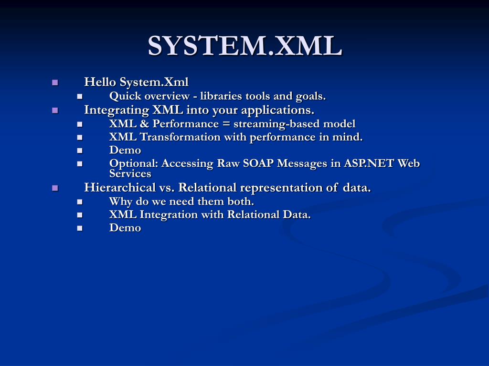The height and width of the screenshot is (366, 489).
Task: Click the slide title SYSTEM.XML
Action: pyautogui.click(x=244, y=46)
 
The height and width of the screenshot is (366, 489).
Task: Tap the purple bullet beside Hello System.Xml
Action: pyautogui.click(x=55, y=82)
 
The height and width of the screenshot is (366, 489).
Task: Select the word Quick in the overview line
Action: pyautogui.click(x=123, y=96)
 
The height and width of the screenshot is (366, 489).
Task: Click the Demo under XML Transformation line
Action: pyautogui.click(x=125, y=150)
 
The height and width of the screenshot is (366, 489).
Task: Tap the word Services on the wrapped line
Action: pyautogui.click(x=130, y=173)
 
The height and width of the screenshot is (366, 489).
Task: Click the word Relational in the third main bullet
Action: pyautogui.click(x=207, y=188)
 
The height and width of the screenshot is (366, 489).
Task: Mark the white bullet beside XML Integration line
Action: pyautogui.click(x=80, y=215)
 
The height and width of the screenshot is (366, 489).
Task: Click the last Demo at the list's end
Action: pyautogui.click(x=125, y=228)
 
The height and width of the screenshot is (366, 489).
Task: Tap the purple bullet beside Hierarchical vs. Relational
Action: pyautogui.click(x=55, y=188)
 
